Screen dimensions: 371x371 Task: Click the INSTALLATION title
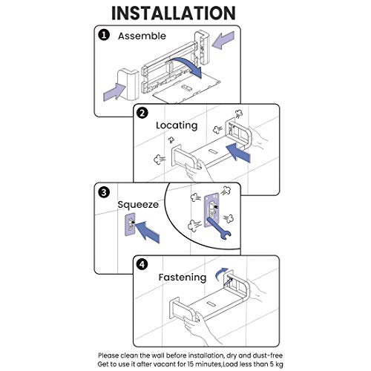tap(174, 13)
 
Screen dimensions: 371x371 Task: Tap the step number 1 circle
tap(104, 35)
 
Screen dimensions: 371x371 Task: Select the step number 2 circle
tap(142, 114)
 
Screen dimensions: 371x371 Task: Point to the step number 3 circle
tap(104, 192)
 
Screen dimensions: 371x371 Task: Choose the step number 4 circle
tap(142, 265)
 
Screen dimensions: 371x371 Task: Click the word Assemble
tap(142, 36)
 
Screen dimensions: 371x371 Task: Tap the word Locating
tap(177, 125)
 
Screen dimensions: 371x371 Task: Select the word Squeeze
tap(138, 205)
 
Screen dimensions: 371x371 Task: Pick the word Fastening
tap(183, 278)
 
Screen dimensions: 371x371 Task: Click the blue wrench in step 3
tap(219, 229)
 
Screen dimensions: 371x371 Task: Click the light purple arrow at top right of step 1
tap(223, 40)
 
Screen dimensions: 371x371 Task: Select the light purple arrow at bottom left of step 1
tap(114, 91)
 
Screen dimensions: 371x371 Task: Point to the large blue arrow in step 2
tap(238, 153)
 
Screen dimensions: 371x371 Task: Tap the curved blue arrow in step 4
tap(221, 274)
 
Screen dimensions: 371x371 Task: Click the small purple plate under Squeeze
tap(130, 225)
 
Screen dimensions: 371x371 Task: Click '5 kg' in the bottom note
tap(275, 364)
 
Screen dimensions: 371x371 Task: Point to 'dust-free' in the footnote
tap(268, 355)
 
